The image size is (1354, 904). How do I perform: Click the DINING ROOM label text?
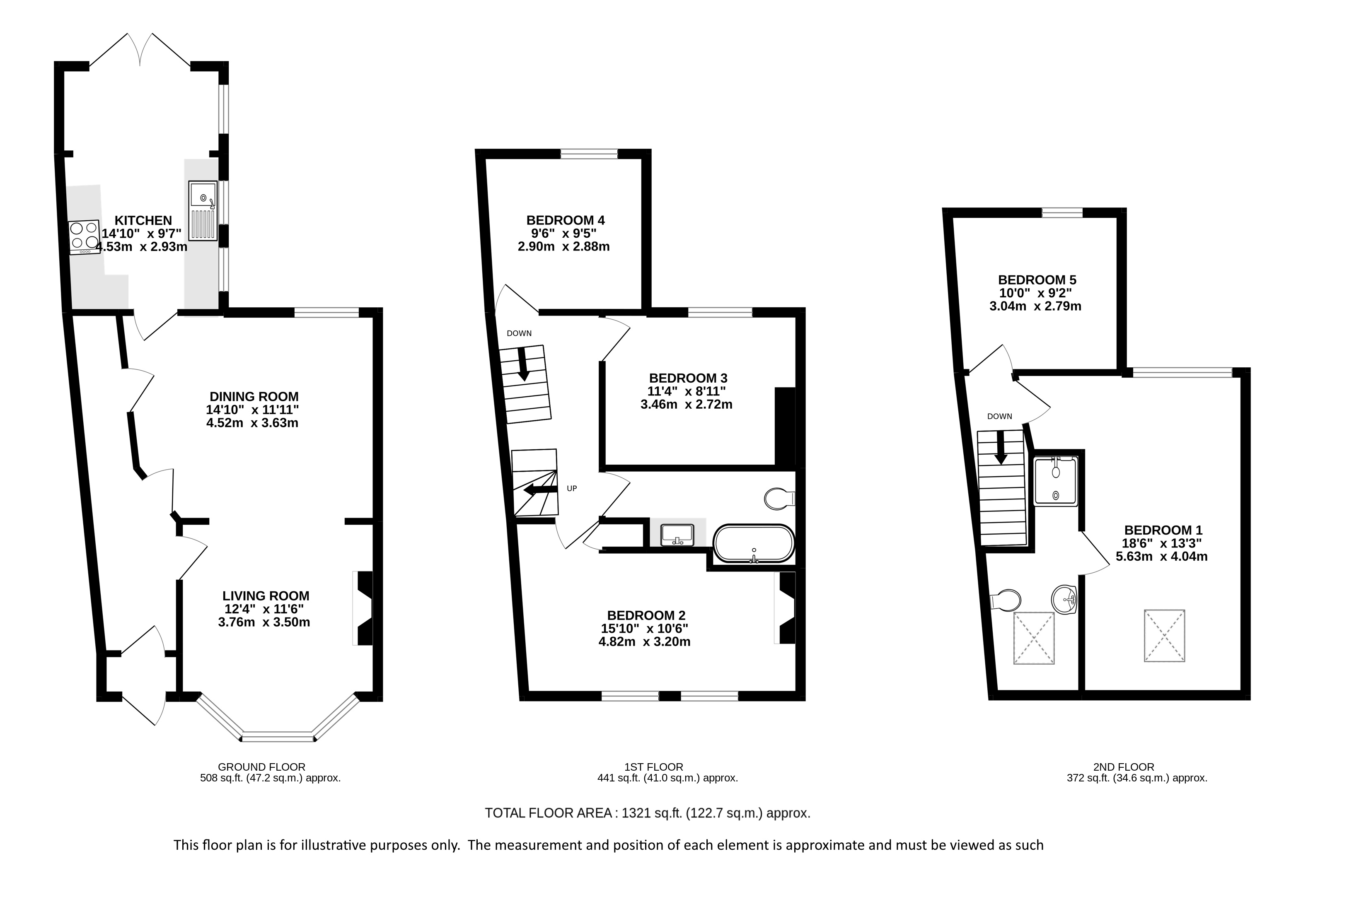click(x=254, y=397)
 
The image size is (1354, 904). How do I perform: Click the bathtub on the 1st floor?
click(x=754, y=543)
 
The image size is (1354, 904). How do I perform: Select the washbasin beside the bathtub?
click(x=677, y=534)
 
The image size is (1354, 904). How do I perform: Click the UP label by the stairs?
click(x=571, y=488)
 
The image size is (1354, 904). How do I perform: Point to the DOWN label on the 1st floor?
click(x=519, y=333)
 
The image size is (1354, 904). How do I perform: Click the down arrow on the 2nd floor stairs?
click(x=1000, y=447)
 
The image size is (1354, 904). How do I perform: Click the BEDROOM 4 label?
click(x=565, y=220)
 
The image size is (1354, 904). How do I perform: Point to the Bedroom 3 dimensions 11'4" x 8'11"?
click(x=686, y=391)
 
